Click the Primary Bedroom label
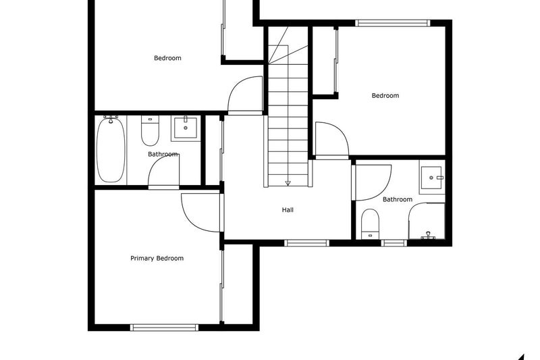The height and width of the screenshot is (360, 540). (x=157, y=258)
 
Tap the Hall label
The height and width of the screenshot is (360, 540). (x=288, y=210)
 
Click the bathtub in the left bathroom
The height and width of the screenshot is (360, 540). (x=111, y=149)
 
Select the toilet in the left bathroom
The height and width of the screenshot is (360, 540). (x=149, y=131)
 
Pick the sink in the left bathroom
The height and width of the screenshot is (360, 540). (x=185, y=128)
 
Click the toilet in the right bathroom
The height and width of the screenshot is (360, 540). (x=369, y=224)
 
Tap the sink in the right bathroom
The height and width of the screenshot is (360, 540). (x=431, y=178)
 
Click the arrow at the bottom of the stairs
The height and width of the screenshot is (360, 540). (x=288, y=182)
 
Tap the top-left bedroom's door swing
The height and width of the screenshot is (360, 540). (x=244, y=96)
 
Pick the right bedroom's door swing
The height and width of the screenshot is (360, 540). (x=331, y=140)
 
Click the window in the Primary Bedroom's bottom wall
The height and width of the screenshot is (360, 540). (x=165, y=328)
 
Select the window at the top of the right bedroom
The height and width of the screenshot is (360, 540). (x=393, y=22)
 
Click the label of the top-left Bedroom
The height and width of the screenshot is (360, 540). (x=167, y=58)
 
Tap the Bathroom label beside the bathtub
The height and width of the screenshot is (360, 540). (x=163, y=155)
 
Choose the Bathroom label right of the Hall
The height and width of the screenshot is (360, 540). (x=397, y=199)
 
